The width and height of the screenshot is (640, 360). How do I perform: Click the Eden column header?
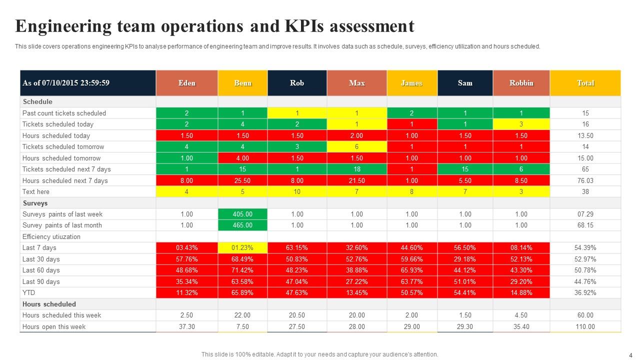186,83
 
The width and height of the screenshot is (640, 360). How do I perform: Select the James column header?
411,83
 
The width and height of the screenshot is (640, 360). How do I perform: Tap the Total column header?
585,83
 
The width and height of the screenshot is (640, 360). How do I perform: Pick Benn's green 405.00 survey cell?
242,214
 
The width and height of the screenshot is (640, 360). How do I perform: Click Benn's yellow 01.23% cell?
242,248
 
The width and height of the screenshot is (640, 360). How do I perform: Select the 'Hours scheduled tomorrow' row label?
61,158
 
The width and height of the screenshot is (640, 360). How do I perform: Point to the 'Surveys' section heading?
35,203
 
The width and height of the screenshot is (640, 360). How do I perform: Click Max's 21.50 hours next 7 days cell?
356,180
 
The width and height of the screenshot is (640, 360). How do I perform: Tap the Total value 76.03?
585,180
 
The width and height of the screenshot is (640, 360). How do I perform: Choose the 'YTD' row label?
29,292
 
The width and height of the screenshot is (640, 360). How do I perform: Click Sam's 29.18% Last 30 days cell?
465,259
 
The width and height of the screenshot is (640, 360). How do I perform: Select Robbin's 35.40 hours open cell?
521,326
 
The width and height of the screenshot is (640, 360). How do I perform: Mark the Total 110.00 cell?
585,326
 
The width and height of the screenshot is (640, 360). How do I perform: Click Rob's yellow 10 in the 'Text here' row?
297,191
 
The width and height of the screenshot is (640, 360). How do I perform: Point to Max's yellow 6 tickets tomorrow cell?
356,147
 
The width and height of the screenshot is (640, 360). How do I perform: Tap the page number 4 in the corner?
630,354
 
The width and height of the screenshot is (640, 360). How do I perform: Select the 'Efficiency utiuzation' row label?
51,237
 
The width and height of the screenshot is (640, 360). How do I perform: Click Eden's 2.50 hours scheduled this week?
186,315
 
